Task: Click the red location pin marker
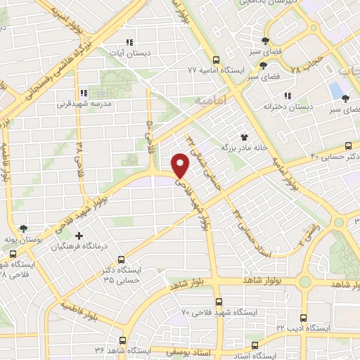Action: [181, 165]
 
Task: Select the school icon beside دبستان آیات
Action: [128, 41]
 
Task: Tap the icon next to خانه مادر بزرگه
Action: [245, 137]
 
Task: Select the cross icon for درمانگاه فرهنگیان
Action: [79, 235]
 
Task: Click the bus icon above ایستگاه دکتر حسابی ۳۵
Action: [121, 259]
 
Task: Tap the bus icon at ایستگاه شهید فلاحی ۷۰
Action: [217, 300]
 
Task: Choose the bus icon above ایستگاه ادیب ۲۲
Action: [303, 318]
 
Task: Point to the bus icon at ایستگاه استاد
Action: [255, 345]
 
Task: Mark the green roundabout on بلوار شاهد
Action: [305, 282]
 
